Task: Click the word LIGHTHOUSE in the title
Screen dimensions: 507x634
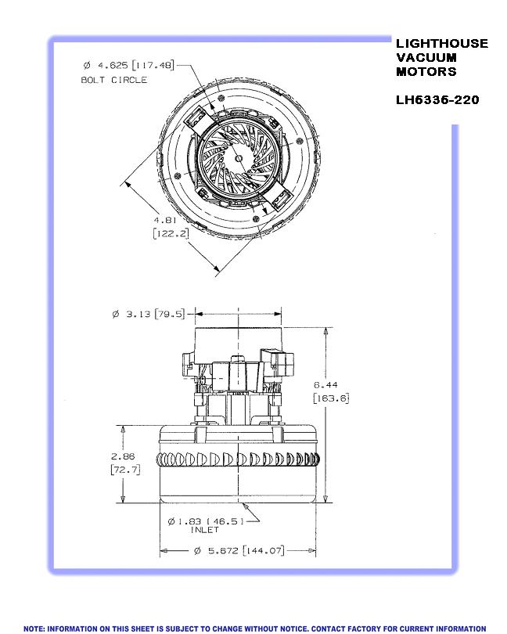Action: pyautogui.click(x=442, y=43)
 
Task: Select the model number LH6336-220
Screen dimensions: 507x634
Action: pyautogui.click(x=437, y=100)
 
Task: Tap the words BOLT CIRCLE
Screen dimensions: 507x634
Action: pyautogui.click(x=114, y=80)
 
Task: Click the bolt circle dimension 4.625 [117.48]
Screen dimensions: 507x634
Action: pyautogui.click(x=128, y=65)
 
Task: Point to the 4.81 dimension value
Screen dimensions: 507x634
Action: pyautogui.click(x=165, y=221)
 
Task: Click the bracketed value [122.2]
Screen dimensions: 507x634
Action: pyautogui.click(x=171, y=233)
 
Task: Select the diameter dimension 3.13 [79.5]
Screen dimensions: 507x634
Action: pyautogui.click(x=149, y=314)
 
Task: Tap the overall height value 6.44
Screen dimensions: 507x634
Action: pyautogui.click(x=325, y=385)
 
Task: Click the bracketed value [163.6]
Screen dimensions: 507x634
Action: pyautogui.click(x=331, y=398)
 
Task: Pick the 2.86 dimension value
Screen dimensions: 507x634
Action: pyautogui.click(x=123, y=456)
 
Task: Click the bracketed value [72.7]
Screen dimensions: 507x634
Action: pyautogui.click(x=125, y=470)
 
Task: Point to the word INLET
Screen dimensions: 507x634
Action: pyautogui.click(x=204, y=530)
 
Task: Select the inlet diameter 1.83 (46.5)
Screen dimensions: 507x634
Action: pyautogui.click(x=206, y=521)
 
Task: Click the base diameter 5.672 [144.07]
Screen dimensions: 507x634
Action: pyautogui.click(x=239, y=551)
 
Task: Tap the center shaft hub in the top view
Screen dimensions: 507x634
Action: pyautogui.click(x=239, y=158)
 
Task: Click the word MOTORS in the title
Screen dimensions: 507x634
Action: pyautogui.click(x=426, y=71)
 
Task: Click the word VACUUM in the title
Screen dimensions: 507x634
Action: pyautogui.click(x=426, y=57)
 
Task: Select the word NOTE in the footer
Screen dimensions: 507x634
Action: pyautogui.click(x=34, y=629)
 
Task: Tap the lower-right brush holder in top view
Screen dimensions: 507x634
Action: pyautogui.click(x=279, y=199)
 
